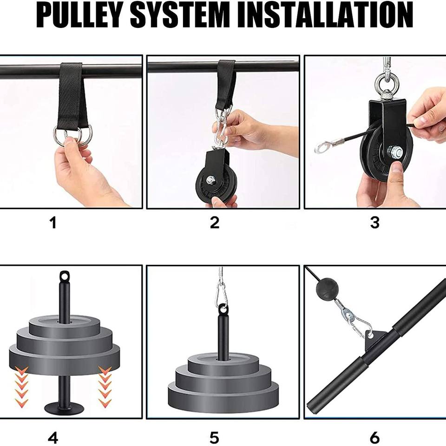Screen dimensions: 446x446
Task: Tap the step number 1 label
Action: tap(53, 223)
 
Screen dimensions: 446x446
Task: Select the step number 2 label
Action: tap(215, 223)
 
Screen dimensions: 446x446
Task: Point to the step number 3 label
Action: tap(375, 223)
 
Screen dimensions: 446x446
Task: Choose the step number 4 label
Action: tap(53, 438)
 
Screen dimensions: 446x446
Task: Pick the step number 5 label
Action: tap(215, 438)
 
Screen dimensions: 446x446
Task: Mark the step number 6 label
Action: tap(375, 438)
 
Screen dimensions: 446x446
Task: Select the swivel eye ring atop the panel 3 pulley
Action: tap(387, 82)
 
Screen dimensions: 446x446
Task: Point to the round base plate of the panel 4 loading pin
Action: tap(64, 408)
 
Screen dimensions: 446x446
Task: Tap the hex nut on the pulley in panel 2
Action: tap(211, 180)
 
